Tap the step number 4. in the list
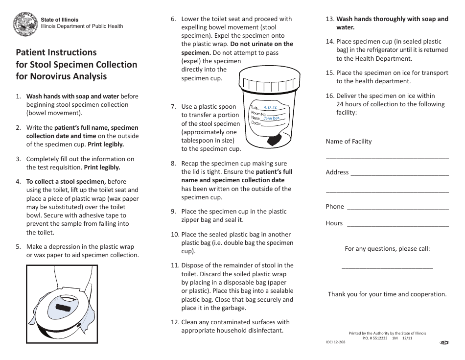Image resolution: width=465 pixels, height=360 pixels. (x=18, y=181)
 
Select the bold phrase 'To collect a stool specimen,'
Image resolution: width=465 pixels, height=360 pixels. (x=66, y=181)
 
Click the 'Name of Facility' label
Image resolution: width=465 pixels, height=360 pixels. (x=349, y=142)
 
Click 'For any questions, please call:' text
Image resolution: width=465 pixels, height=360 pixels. (x=387, y=249)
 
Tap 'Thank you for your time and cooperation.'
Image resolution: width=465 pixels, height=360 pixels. (x=387, y=294)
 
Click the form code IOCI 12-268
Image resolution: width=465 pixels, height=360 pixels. (x=335, y=342)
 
